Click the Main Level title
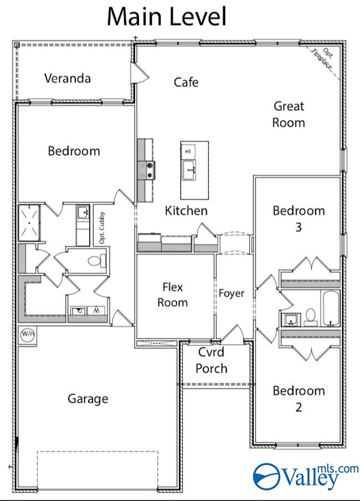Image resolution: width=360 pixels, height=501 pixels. (166, 17)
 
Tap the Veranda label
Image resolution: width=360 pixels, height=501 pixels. (67, 78)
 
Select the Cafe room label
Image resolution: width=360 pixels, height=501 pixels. (186, 83)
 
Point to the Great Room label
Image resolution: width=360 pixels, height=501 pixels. (289, 114)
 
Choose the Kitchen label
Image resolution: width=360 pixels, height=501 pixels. (186, 211)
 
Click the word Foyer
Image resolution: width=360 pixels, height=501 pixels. (231, 293)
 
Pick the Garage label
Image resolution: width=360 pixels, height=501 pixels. (88, 398)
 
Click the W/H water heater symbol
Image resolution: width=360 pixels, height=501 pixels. (26, 335)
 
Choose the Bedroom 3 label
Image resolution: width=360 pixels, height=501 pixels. (298, 218)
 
